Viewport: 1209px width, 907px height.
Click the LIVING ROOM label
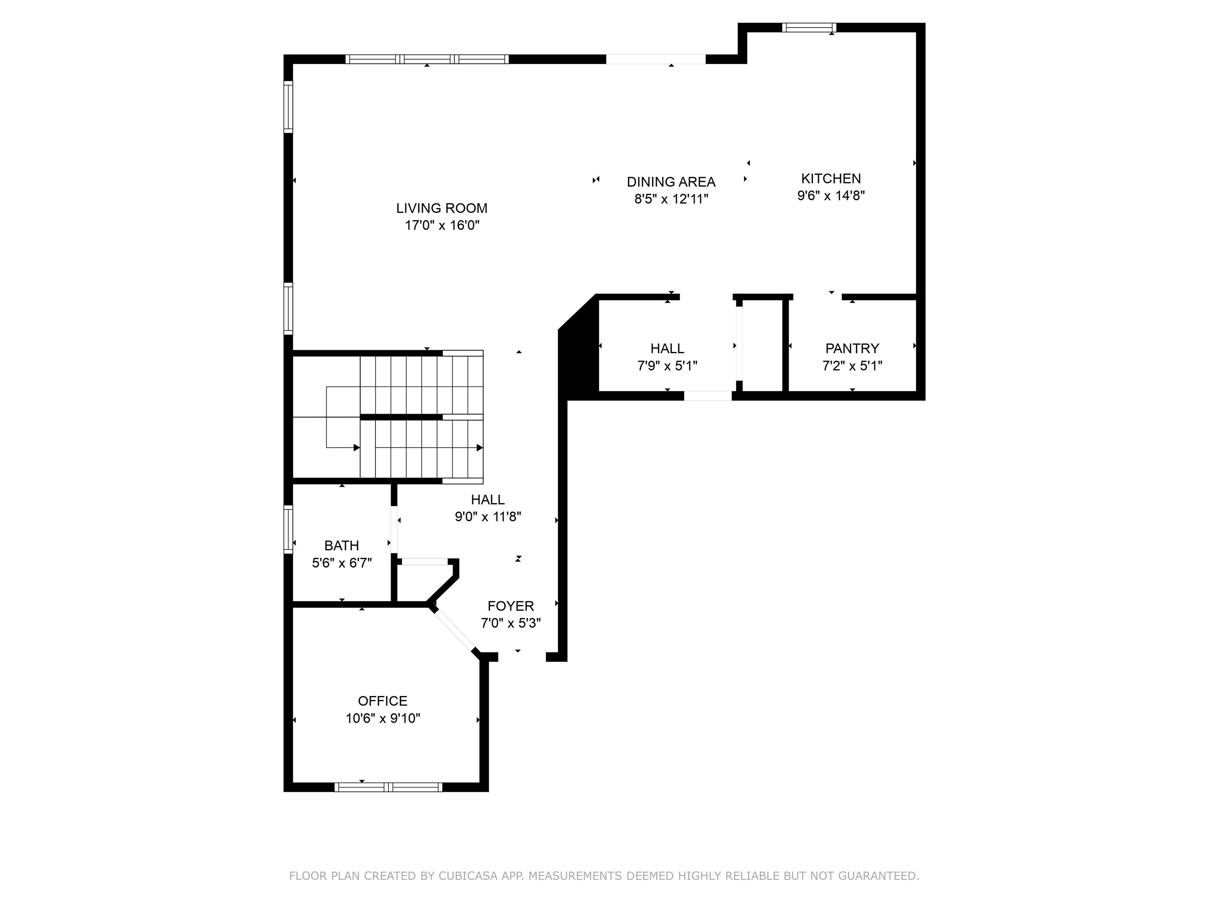[442, 208]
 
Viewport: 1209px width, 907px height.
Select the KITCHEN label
[830, 178]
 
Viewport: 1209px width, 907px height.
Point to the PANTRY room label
[852, 348]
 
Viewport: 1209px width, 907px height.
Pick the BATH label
[342, 545]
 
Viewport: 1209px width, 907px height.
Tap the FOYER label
[510, 606]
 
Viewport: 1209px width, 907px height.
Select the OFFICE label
[383, 701]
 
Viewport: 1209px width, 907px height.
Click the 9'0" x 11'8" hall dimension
[488, 516]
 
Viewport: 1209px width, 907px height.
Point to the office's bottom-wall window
[388, 787]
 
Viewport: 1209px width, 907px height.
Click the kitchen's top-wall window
[809, 27]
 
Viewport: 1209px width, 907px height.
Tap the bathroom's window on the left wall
[288, 529]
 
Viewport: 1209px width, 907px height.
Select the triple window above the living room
[427, 59]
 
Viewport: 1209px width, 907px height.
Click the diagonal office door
[454, 630]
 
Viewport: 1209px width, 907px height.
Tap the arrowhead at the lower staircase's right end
[479, 448]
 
